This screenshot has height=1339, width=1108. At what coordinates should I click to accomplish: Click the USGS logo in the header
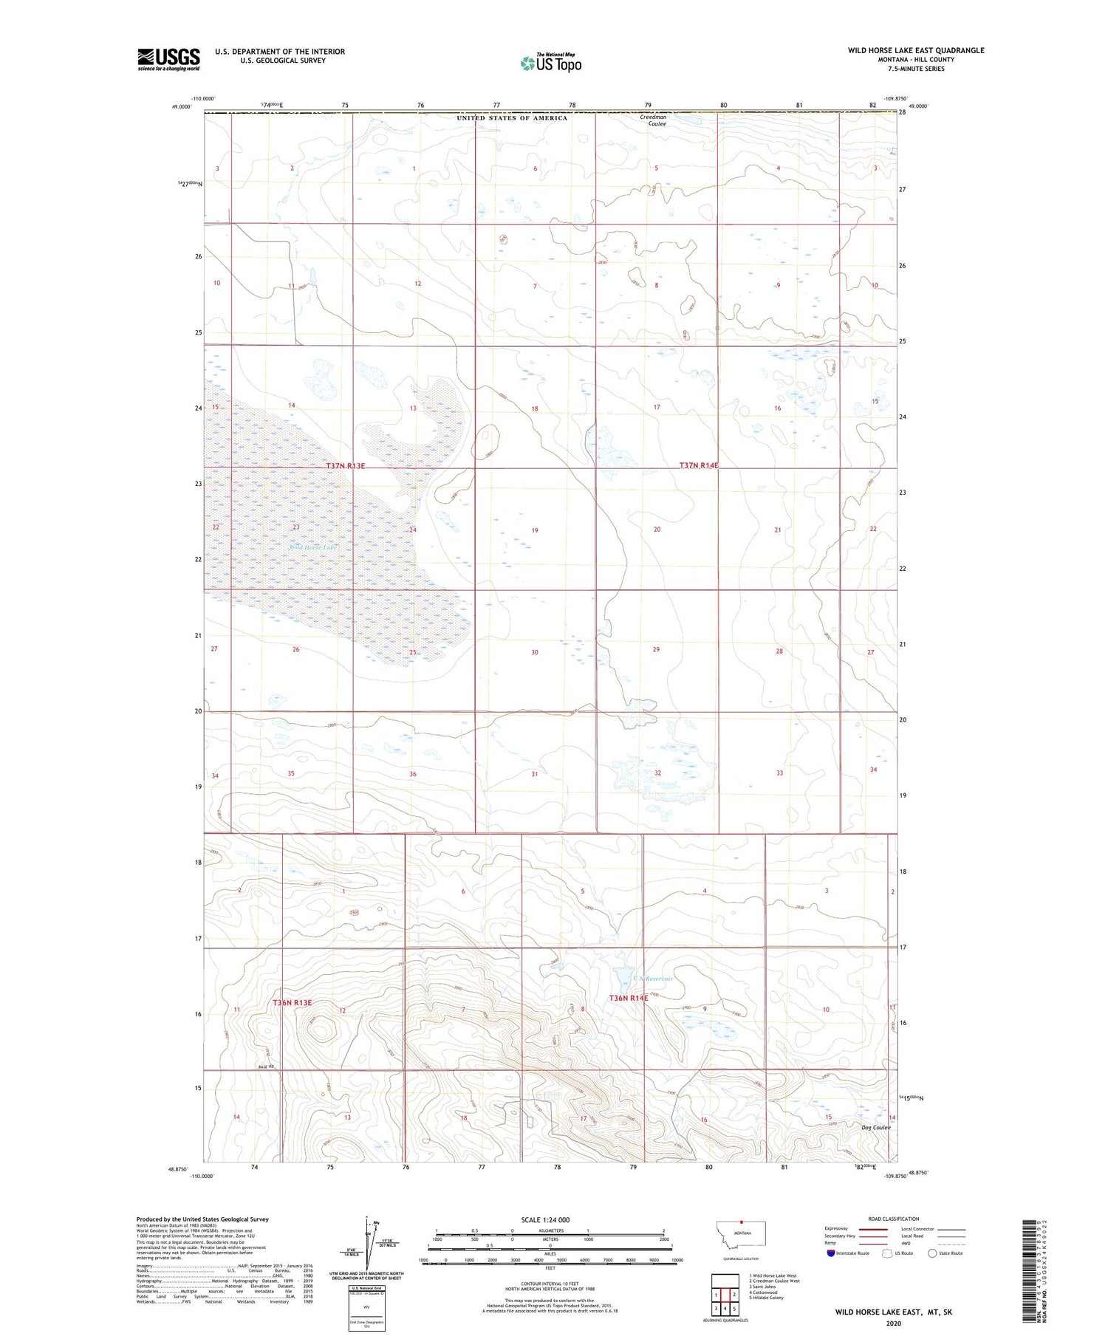coord(168,59)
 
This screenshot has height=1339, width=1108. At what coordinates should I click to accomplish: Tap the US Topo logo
coord(551,63)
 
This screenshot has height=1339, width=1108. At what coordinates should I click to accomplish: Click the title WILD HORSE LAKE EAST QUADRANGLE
coord(915,50)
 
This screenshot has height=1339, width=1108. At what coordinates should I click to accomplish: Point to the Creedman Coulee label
coord(652,120)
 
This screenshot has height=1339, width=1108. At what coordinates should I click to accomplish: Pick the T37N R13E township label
coord(346,466)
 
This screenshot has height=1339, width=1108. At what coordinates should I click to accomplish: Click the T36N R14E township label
coord(628,999)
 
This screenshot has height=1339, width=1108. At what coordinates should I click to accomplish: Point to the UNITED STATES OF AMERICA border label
coord(512,118)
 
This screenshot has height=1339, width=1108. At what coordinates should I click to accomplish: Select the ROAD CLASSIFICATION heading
coord(893,1219)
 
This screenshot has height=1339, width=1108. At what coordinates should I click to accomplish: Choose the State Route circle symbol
coord(933,1253)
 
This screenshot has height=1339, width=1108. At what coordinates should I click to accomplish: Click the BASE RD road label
coord(266,1066)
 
